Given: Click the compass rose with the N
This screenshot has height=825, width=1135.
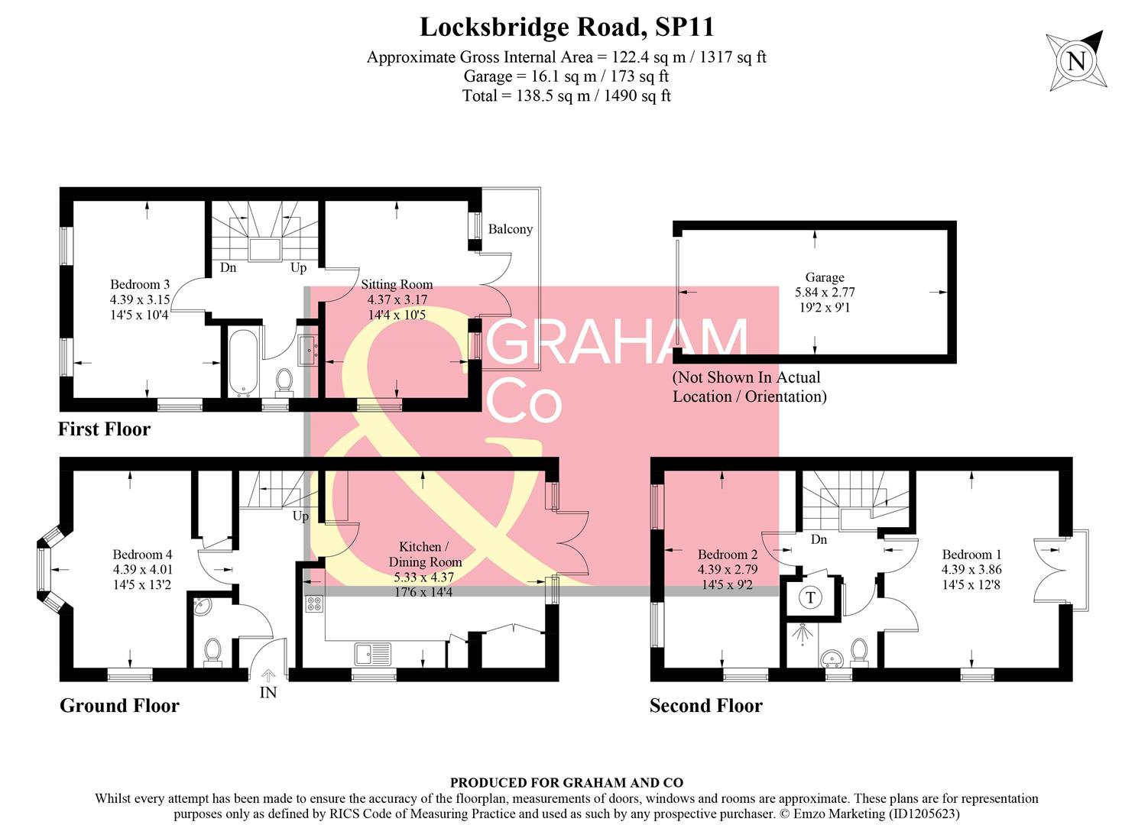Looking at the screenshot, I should pos(1075,60).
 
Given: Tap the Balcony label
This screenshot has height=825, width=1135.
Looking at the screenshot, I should pos(510,229).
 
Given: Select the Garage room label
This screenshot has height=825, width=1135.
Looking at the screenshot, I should pos(825,277).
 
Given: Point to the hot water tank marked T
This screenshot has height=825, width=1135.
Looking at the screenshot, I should pos(810,597).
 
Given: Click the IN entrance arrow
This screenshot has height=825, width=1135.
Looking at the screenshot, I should pos(268,675).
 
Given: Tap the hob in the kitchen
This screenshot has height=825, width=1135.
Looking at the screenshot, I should pos(314,604).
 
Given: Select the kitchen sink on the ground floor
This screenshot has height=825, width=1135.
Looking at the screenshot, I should pos(372,655).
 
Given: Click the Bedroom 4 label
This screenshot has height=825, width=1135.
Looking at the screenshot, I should pos(142,555).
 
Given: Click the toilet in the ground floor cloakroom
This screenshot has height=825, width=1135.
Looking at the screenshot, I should pos(212,652).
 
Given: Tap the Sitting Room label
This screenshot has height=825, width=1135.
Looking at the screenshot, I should pos(397,285).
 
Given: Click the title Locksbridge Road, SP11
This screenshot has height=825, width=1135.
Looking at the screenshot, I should pos(566,27).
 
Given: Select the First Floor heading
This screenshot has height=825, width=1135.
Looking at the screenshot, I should pos(104,429).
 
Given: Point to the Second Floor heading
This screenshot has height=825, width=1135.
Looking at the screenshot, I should pos(705,706).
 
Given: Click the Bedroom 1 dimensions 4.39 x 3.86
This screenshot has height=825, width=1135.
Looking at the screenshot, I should pos(971,570).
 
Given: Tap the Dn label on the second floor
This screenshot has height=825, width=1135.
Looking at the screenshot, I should pos(819,539).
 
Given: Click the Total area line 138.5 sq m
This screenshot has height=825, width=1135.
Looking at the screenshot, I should pos(566,96).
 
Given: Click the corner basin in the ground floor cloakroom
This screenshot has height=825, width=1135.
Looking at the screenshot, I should pos(200,607).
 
